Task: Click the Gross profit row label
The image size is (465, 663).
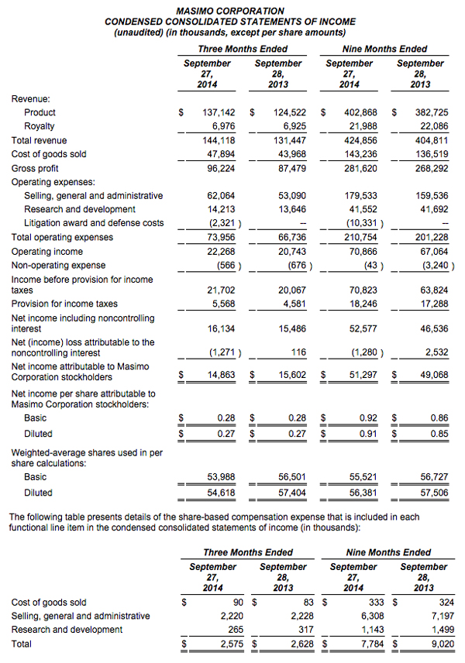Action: (35, 168)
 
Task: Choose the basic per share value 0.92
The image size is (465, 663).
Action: (368, 418)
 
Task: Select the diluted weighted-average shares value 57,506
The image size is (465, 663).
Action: (432, 493)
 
